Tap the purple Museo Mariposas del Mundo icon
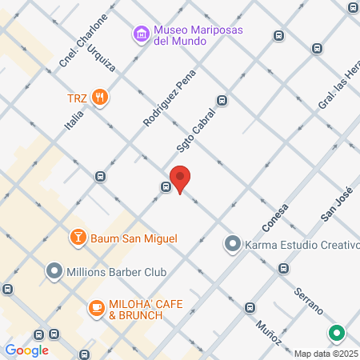coord(142,34)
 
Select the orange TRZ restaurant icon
coord(100,98)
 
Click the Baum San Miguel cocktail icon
coord(78,238)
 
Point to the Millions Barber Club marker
coord(54,272)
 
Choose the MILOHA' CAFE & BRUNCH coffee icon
coord(95,308)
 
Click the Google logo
coord(26,350)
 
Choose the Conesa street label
coord(274,216)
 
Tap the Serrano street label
coord(307,298)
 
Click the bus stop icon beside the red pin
coord(165,187)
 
